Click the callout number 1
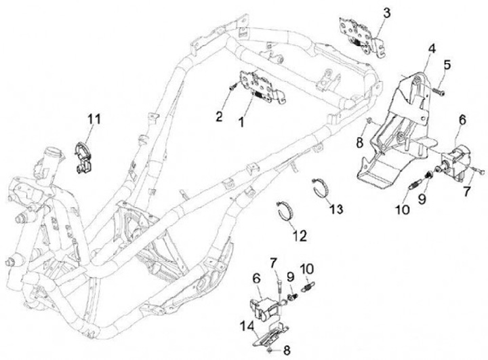coord(241,123)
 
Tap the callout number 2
coord(219,116)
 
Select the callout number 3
coord(387,13)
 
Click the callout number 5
coord(447,65)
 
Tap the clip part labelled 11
coord(83,158)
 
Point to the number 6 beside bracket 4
coord(462,119)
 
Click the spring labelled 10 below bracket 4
coord(413,187)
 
